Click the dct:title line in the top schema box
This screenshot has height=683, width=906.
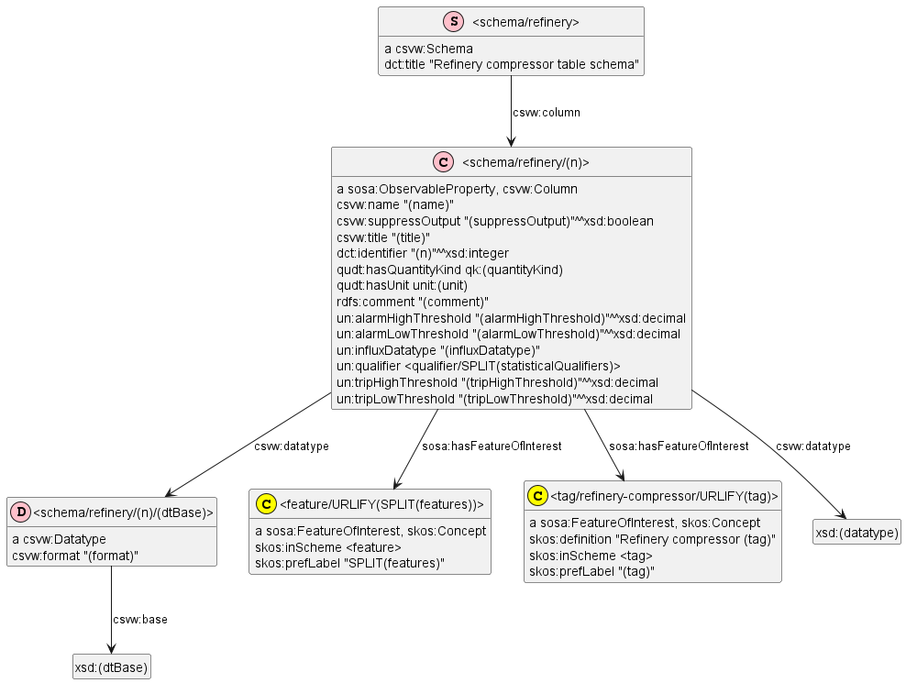(511, 65)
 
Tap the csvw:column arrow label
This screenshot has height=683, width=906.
(546, 113)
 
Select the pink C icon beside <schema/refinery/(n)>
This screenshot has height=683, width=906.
(443, 162)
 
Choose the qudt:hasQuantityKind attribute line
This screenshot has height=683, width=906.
(449, 270)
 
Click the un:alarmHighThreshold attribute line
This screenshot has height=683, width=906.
(511, 318)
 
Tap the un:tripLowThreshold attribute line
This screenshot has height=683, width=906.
(494, 399)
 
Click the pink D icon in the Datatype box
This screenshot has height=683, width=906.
(19, 512)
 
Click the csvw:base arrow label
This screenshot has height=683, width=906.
(139, 620)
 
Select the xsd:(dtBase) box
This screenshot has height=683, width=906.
(112, 667)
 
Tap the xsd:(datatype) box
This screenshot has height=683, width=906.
(856, 532)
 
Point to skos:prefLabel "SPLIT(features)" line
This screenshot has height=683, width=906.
(349, 563)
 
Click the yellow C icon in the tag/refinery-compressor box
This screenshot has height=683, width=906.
(538, 496)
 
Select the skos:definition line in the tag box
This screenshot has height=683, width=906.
(652, 539)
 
